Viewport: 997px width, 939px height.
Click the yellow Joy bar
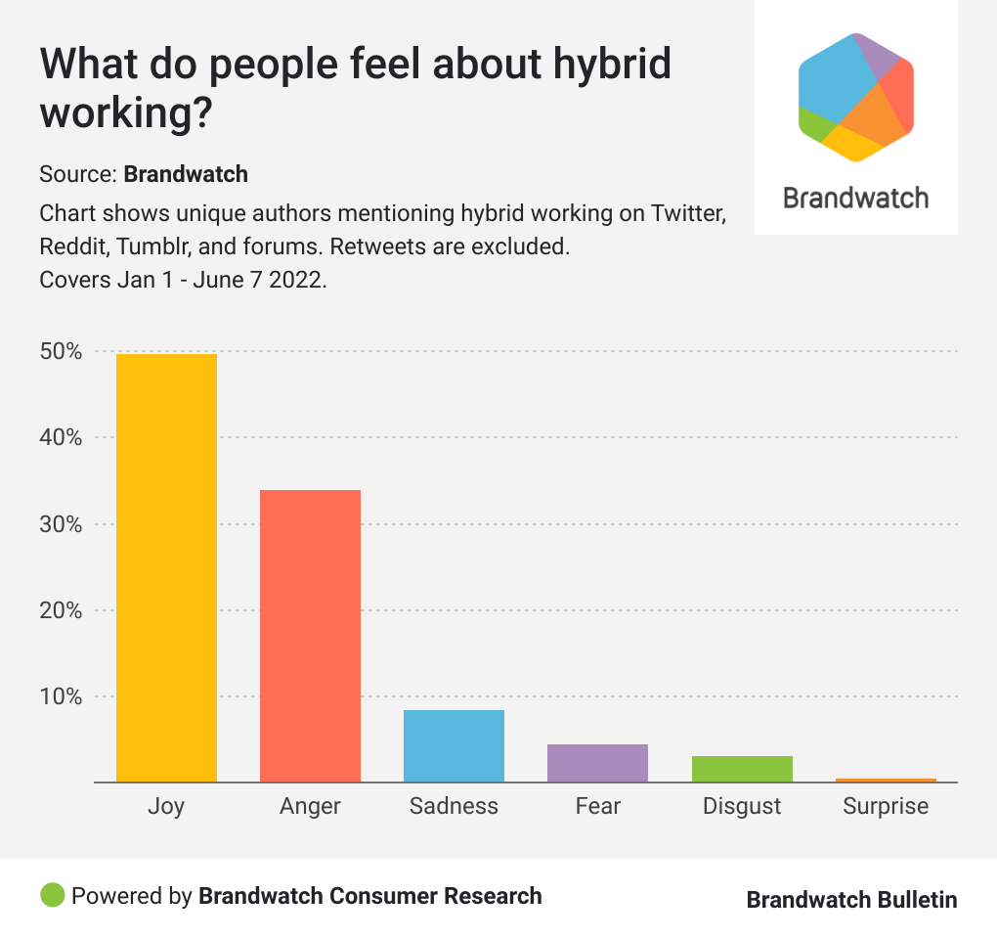point(166,567)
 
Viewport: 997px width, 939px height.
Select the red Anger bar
point(310,636)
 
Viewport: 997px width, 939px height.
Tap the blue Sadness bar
point(454,746)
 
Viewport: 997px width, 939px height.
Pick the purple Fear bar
point(597,763)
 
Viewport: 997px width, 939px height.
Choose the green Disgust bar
point(742,769)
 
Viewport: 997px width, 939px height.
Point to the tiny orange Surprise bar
point(886,780)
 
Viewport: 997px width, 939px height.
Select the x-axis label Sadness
point(454,806)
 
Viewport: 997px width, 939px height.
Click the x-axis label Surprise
point(886,806)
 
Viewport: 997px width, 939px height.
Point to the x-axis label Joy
point(166,806)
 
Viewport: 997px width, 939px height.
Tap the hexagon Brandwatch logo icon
point(856,96)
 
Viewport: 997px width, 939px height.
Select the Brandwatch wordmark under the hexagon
point(856,198)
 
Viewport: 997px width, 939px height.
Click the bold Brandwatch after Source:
point(186,175)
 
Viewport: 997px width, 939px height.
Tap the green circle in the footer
point(53,895)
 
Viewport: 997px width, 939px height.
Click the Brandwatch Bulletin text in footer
point(851,899)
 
